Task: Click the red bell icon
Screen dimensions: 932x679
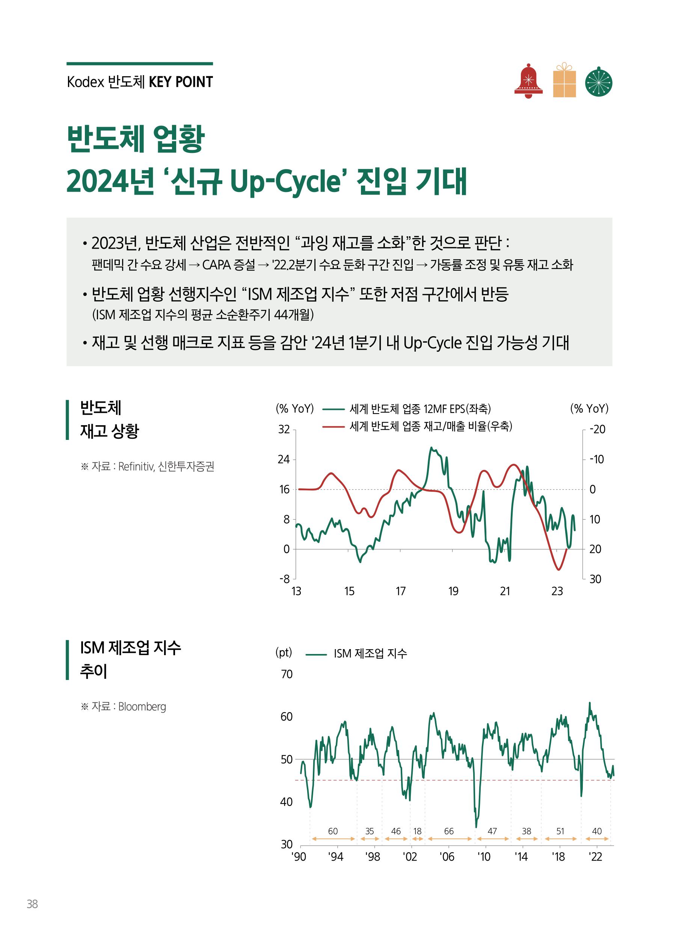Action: pos(528,81)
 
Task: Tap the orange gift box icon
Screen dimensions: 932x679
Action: pos(564,81)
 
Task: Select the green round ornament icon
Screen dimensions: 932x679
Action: pos(598,82)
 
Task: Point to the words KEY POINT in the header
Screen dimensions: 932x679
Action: pos(181,82)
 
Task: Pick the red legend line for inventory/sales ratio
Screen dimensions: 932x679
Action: pos(333,426)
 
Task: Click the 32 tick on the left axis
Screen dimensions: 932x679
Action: pos(284,430)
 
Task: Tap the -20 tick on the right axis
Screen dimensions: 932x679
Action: pos(597,430)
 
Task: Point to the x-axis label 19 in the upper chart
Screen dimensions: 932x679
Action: pos(453,591)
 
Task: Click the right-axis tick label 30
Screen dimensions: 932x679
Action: pos(595,579)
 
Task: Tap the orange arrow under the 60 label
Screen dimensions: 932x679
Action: pos(333,839)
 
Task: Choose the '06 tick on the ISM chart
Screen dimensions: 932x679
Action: pos(447,857)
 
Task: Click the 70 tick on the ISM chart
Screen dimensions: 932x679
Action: pos(287,674)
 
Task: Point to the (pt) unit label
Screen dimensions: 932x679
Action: pos(284,653)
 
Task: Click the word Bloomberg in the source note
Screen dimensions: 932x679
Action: pos(142,707)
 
